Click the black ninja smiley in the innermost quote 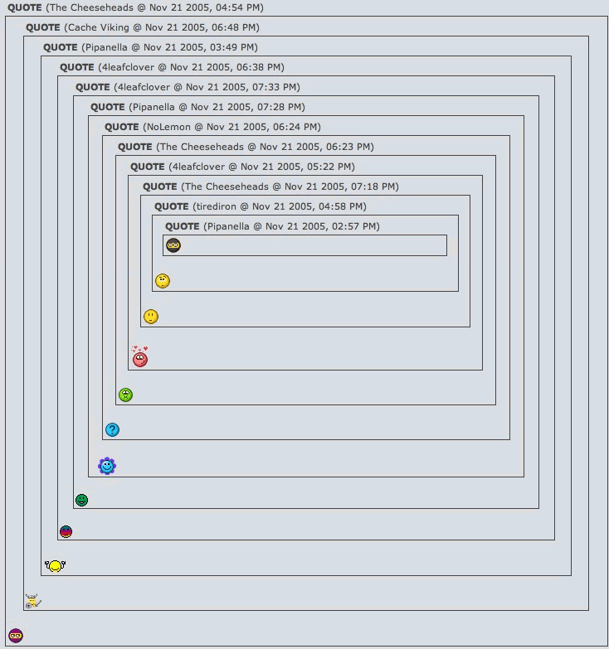click(x=173, y=245)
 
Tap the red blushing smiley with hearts click(x=140, y=358)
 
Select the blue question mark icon click(x=112, y=429)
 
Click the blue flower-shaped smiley click(x=107, y=466)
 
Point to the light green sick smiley click(x=125, y=395)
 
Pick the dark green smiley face click(x=82, y=500)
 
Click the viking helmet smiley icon click(x=32, y=601)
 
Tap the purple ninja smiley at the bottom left click(x=16, y=636)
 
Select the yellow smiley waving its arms click(x=55, y=566)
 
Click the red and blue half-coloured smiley click(x=66, y=531)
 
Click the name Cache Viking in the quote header click(x=99, y=27)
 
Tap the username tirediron click(x=215, y=206)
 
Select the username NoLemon click(x=168, y=127)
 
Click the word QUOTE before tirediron click(x=171, y=206)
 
